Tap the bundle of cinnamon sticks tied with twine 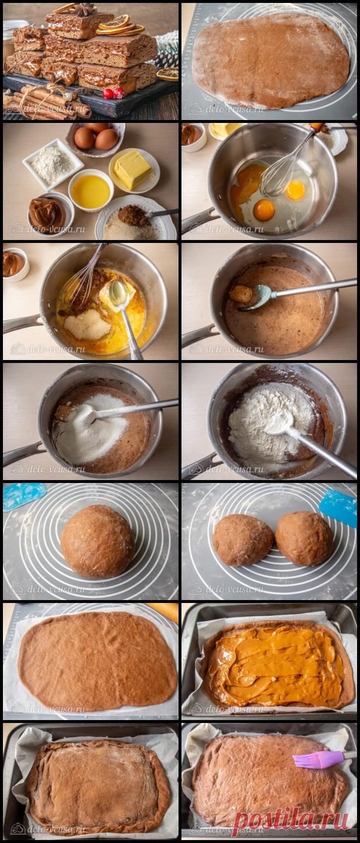(x=49, y=102)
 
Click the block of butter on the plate (x=132, y=169)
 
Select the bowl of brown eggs (x=97, y=138)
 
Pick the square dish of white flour (x=53, y=164)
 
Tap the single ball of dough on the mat (x=98, y=542)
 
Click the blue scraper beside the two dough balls (x=338, y=508)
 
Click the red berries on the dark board (x=114, y=93)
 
